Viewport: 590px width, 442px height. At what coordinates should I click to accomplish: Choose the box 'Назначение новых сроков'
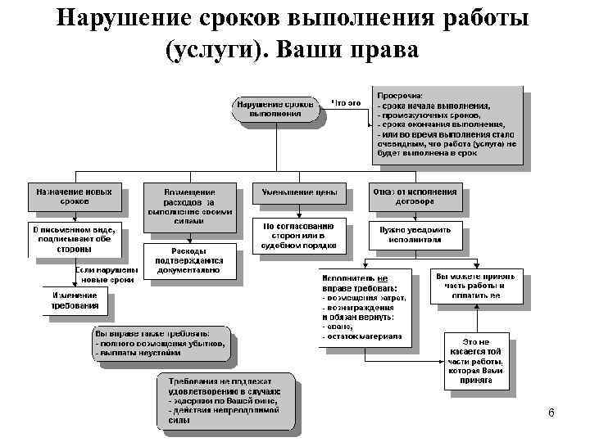click(75, 196)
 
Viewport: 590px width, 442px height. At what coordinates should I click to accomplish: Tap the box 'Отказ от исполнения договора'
click(415, 196)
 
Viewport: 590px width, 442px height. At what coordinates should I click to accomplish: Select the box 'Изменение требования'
click(76, 300)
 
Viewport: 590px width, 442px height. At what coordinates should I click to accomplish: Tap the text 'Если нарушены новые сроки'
click(104, 274)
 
